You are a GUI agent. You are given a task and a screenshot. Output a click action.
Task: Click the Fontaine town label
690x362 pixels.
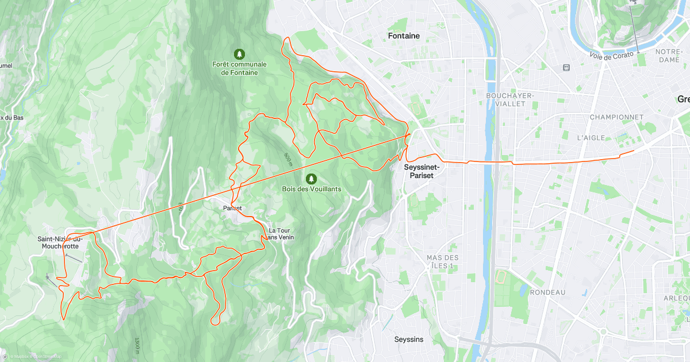tap(404, 36)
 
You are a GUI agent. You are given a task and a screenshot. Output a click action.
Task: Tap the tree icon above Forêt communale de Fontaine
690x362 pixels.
tap(239, 54)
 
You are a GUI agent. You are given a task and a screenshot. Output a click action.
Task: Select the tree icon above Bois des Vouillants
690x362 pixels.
tap(311, 179)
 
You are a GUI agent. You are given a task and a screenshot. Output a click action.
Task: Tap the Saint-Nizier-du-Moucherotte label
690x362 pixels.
tap(60, 242)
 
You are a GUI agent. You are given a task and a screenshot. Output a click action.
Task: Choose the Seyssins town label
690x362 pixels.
tap(409, 339)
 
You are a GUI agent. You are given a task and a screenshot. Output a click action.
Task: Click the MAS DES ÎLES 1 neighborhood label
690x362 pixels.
tap(443, 261)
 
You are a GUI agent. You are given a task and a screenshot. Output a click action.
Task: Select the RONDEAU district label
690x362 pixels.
tap(547, 292)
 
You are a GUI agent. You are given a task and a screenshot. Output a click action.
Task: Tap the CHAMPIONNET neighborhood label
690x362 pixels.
tap(616, 117)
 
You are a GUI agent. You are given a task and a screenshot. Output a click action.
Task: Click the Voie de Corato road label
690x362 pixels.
tap(611, 55)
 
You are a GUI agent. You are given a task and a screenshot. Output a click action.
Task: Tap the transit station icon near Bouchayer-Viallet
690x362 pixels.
tap(566, 67)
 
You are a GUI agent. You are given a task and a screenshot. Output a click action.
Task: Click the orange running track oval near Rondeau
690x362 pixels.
tap(500, 277)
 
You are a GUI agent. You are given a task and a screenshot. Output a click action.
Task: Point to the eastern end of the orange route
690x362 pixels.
tap(634, 151)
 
